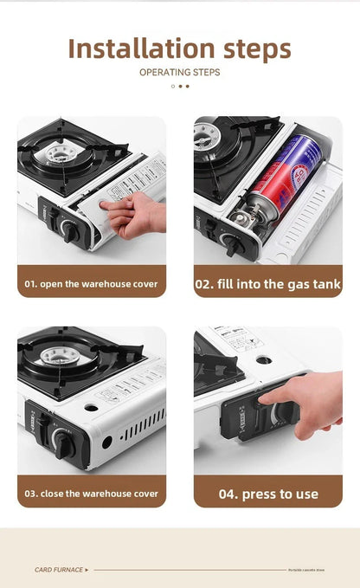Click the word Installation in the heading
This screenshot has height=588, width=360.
(x=138, y=48)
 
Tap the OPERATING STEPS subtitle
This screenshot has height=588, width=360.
(x=179, y=72)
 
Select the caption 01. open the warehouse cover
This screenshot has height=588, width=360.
(x=91, y=283)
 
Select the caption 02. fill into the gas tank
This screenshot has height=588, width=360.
(x=267, y=283)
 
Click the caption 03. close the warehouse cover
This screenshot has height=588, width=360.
(x=91, y=493)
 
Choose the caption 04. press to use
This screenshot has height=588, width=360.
(x=267, y=494)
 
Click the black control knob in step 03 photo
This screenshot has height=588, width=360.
(x=62, y=444)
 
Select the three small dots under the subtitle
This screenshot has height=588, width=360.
(x=179, y=87)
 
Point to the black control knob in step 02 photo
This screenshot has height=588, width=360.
(x=231, y=246)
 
